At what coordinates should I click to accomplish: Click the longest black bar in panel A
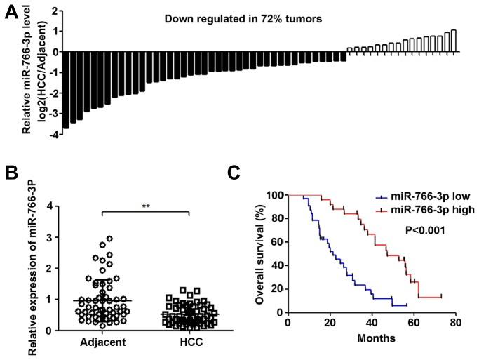[x=65, y=90]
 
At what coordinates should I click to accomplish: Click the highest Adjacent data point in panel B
[x=109, y=239]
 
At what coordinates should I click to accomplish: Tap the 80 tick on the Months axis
[x=456, y=324]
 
